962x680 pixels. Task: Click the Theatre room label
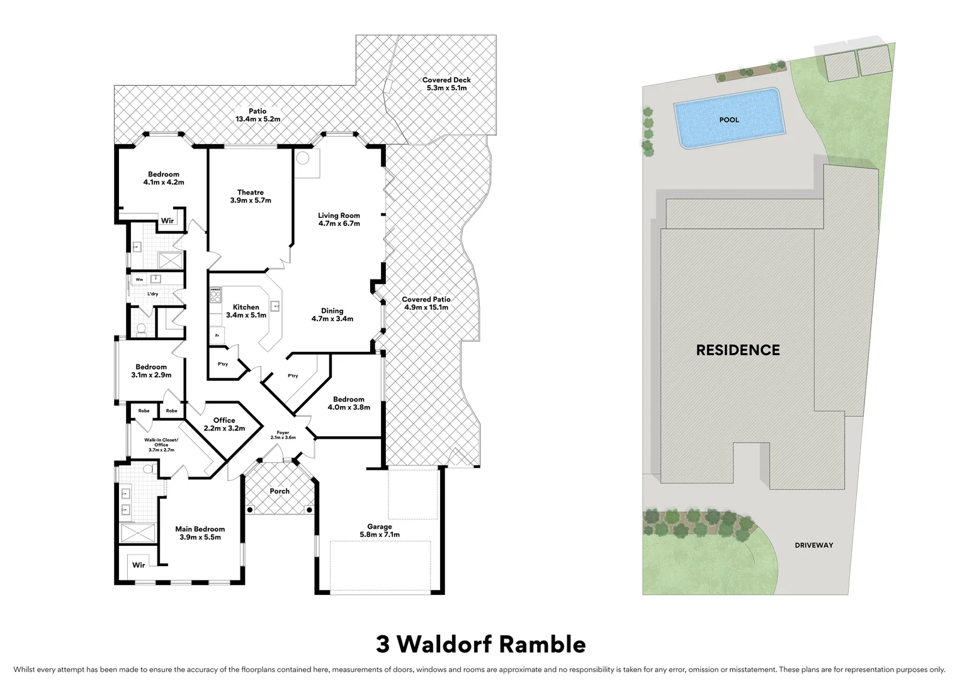tap(251, 196)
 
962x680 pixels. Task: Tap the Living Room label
tap(339, 219)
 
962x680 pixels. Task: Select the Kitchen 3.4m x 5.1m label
tap(246, 311)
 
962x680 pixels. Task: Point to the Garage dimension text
tap(379, 535)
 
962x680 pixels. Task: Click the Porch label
tap(280, 491)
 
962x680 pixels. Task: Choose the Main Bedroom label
tap(200, 533)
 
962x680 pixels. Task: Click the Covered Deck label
tap(446, 84)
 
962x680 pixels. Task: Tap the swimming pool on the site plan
tap(728, 119)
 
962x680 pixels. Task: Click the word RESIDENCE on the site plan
tap(738, 350)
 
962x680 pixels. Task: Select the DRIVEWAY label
tap(813, 545)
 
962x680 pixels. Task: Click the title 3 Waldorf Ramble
tap(481, 644)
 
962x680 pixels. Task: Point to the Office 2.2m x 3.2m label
tap(224, 424)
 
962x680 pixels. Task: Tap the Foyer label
tap(283, 434)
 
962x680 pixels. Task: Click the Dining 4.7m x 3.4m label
tap(332, 315)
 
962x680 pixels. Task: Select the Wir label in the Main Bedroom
tap(139, 565)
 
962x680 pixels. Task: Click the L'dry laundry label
tap(153, 294)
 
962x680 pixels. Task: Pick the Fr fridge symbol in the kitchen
tap(217, 336)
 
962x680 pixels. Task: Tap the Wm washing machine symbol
tap(139, 279)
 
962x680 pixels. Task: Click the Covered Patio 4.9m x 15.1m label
tap(426, 303)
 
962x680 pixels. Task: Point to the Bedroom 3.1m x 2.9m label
tap(151, 371)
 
